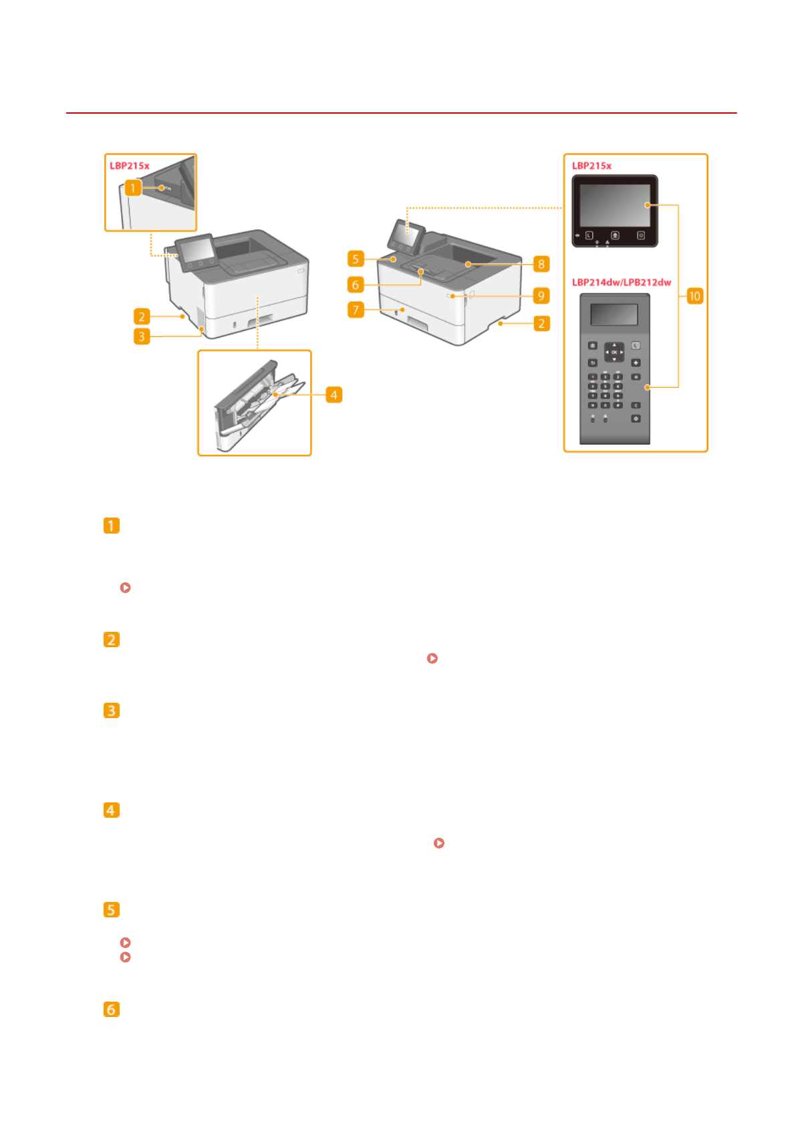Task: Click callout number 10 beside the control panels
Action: click(x=694, y=296)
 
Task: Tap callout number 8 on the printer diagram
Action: click(x=541, y=264)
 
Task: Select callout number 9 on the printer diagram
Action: click(x=541, y=296)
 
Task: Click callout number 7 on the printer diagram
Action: click(x=356, y=310)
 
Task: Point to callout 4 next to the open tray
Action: click(x=334, y=395)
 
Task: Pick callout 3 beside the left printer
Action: click(x=141, y=336)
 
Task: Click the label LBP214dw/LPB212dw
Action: click(x=621, y=282)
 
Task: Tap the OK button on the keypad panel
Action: click(x=614, y=352)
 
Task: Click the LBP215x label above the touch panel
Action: click(x=591, y=166)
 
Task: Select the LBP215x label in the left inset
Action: click(x=130, y=166)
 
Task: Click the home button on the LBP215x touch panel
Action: click(x=615, y=235)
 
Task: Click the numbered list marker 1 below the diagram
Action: click(x=112, y=526)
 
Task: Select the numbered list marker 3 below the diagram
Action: click(x=112, y=710)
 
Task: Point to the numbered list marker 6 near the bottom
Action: click(x=112, y=1009)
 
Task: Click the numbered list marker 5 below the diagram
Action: click(x=112, y=909)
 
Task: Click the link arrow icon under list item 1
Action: click(x=125, y=588)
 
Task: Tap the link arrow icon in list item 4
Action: click(x=439, y=843)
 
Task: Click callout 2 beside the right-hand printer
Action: click(x=541, y=324)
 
